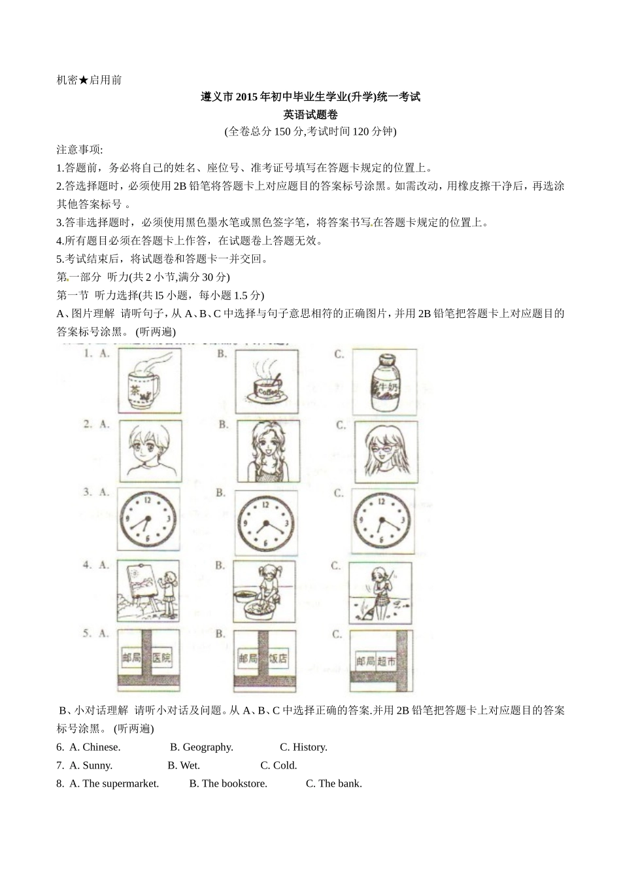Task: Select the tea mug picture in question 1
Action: click(x=149, y=381)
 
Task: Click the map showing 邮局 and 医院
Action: click(x=148, y=660)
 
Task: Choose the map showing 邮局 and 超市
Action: click(x=382, y=661)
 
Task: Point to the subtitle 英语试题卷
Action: click(x=310, y=114)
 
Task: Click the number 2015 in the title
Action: click(x=247, y=97)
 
